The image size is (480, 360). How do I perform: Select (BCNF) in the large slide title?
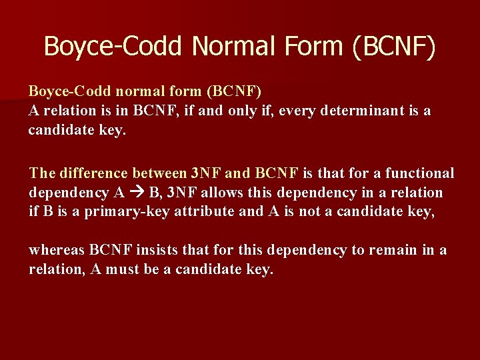pos(394,47)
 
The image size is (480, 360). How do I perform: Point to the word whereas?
pos(56,250)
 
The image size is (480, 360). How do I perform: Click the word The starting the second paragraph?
pos(42,173)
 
